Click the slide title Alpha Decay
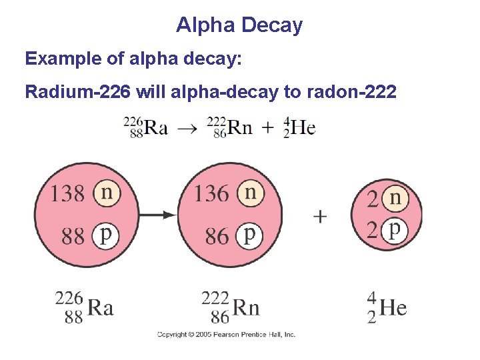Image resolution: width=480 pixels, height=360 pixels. click(x=239, y=25)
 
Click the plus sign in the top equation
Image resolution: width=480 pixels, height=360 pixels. click(x=268, y=128)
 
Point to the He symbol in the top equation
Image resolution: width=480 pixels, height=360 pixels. click(x=303, y=127)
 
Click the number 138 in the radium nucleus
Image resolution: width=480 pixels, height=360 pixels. click(x=68, y=194)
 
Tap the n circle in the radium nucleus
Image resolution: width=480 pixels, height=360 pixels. click(x=107, y=193)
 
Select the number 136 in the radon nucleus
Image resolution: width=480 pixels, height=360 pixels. click(x=211, y=194)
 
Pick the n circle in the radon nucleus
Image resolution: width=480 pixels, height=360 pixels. click(x=250, y=193)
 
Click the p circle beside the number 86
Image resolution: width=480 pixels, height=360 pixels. click(x=250, y=235)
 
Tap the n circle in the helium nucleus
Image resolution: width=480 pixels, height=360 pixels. click(x=395, y=197)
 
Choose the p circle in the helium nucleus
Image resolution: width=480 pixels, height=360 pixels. click(x=395, y=230)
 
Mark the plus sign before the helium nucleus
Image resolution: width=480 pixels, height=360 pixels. click(x=320, y=217)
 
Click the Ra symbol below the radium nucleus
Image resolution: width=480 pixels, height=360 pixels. click(x=101, y=308)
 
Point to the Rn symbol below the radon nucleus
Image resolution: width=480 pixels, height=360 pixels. click(x=245, y=308)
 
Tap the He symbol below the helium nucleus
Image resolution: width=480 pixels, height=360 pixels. click(x=393, y=308)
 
